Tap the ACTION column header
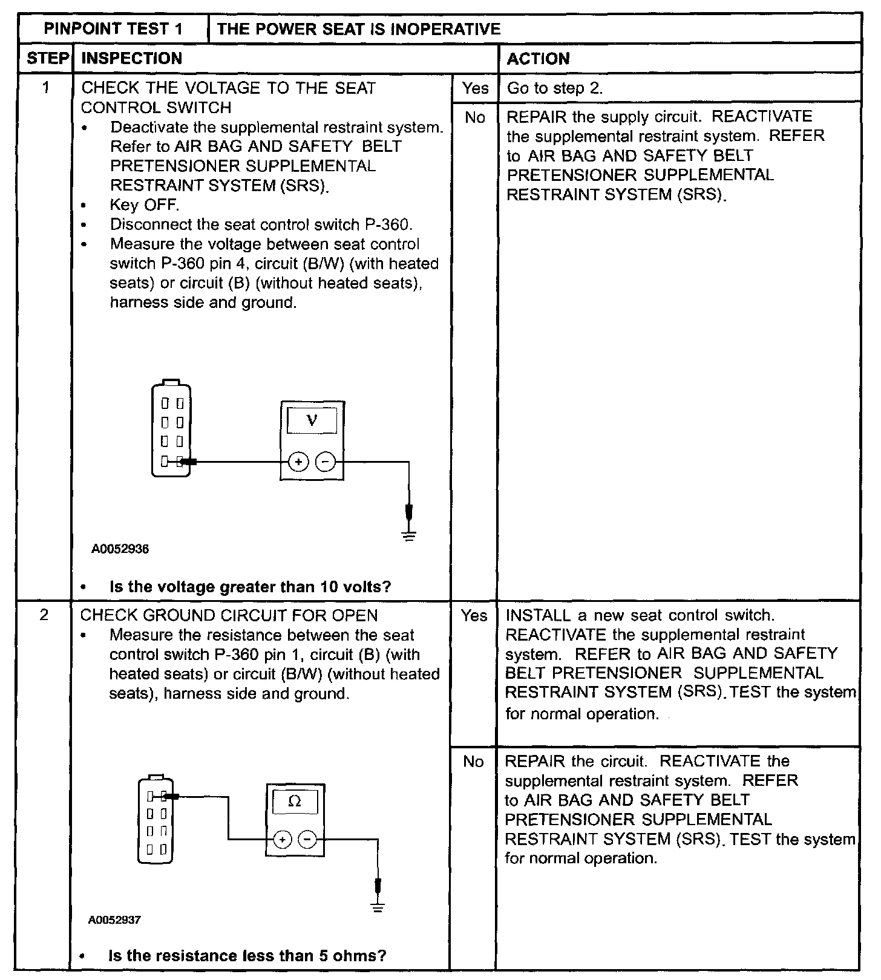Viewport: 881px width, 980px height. [x=538, y=59]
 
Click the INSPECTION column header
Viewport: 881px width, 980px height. [x=131, y=59]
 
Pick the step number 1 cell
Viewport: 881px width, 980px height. [x=45, y=88]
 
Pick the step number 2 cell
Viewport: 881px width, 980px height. [x=44, y=615]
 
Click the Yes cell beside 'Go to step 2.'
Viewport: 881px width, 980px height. [x=475, y=88]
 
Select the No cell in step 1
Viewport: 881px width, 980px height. [x=475, y=117]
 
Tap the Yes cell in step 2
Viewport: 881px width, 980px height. [x=474, y=616]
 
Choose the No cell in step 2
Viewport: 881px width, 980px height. [x=473, y=762]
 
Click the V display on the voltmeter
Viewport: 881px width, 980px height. [x=312, y=420]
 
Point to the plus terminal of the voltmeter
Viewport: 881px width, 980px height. [x=298, y=462]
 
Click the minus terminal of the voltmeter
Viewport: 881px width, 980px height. [x=326, y=462]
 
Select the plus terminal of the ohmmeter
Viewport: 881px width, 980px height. [x=283, y=840]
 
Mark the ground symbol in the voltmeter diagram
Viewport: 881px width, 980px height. [x=409, y=535]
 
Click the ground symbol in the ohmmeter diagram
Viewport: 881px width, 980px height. [x=378, y=907]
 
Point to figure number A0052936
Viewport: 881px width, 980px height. [x=120, y=549]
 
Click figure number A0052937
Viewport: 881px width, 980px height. [x=114, y=920]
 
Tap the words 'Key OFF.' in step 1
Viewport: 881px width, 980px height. [x=144, y=205]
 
